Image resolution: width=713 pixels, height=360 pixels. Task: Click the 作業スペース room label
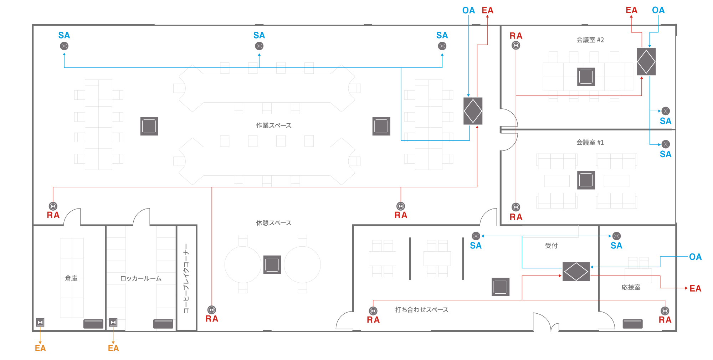tap(273, 125)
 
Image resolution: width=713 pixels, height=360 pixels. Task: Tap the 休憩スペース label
tap(273, 223)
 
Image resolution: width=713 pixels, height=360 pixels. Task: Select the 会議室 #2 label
tap(590, 40)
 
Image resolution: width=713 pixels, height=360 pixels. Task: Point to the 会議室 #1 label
tap(590, 143)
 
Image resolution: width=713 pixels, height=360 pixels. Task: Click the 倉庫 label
tap(71, 278)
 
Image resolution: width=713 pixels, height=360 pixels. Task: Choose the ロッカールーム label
tap(141, 278)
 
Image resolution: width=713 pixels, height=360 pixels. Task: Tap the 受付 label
tap(551, 246)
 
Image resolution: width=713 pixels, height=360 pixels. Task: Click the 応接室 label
tap(631, 287)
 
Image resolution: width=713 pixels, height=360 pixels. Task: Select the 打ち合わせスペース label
tap(421, 310)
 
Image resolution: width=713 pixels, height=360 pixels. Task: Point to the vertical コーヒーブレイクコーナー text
tap(186, 278)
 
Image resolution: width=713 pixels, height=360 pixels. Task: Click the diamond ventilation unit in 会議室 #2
tap(646, 62)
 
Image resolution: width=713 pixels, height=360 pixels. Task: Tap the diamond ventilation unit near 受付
tap(576, 272)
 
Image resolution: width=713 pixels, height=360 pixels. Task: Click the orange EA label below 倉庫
tap(40, 348)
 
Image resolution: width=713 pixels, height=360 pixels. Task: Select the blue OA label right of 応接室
tap(695, 257)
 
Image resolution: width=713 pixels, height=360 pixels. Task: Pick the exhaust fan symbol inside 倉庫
tap(40, 322)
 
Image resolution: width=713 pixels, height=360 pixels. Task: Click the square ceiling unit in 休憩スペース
tap(272, 264)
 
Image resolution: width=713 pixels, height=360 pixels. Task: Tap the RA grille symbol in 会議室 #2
tap(516, 45)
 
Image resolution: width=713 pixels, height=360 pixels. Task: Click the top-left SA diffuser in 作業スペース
tap(64, 46)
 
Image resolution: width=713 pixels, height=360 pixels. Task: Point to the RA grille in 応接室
tap(665, 311)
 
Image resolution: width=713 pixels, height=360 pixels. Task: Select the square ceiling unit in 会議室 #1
tap(586, 180)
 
